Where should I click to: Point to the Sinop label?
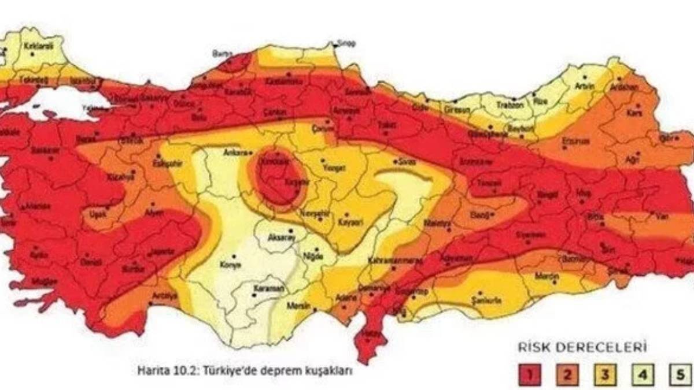point(348,43)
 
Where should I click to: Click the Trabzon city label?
point(512,105)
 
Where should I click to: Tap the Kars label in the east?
point(634,113)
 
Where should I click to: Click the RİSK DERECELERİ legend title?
point(581,348)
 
